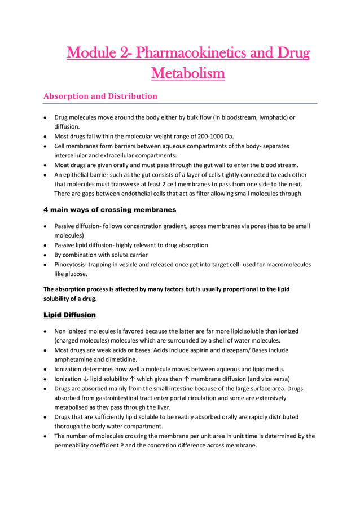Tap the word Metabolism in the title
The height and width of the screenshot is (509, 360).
click(188, 73)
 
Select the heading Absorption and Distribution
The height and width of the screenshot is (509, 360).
click(100, 96)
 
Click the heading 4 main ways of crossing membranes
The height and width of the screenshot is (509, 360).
click(109, 210)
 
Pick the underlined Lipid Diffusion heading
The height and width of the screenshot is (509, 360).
click(69, 314)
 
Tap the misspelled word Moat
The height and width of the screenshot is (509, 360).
click(62, 165)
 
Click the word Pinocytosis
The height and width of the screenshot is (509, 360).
click(72, 264)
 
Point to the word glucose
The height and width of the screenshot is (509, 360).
click(76, 274)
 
